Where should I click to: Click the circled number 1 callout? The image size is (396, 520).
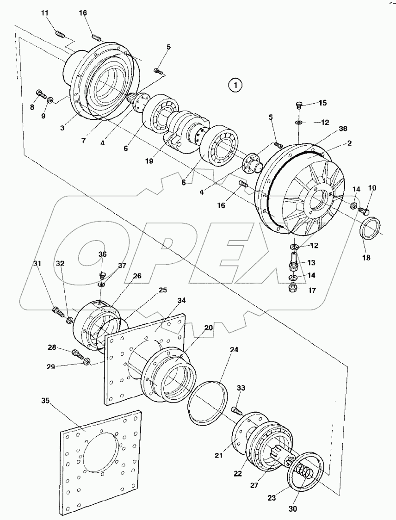click(235, 85)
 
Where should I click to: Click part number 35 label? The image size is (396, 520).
click(45, 401)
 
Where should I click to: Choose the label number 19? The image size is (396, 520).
click(149, 161)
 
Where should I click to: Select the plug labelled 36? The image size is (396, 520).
click(103, 275)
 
